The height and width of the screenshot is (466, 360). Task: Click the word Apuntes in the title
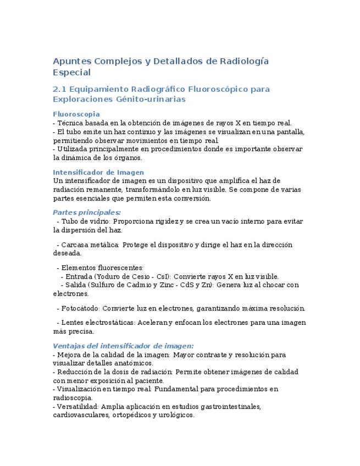coord(71,60)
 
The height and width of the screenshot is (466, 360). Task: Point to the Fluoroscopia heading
coord(76,114)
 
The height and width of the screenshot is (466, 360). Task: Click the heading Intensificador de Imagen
coord(98,172)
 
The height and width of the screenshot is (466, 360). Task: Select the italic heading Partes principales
coord(87,212)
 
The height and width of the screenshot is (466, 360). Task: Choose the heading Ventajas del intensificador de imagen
coord(123,346)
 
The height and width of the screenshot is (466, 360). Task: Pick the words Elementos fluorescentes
coord(102,268)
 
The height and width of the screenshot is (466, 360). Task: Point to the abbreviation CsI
coord(163,276)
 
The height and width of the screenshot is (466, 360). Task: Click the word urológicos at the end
coord(175,415)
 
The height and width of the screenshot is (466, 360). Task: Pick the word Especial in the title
coord(71,72)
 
